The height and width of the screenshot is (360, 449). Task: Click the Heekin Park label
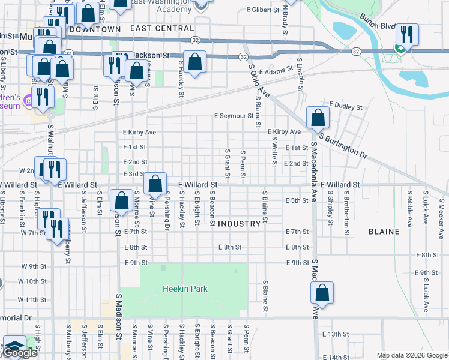185,289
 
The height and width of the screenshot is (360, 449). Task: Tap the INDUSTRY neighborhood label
240,224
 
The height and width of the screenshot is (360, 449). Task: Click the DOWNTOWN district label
95,29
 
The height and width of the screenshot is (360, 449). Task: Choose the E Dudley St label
345,107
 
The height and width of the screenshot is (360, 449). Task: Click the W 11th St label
32,299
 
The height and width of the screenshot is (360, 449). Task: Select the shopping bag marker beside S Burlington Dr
318,118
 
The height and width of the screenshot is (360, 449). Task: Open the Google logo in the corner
19,353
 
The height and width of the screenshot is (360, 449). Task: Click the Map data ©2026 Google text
412,355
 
